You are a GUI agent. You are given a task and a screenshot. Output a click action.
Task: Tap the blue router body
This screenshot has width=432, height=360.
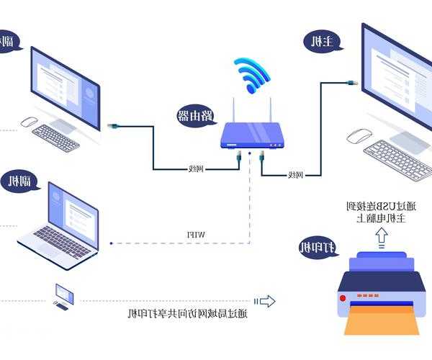(x=251, y=134)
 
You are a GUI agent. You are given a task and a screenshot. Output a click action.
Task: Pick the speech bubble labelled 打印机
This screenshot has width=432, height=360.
(x=319, y=249)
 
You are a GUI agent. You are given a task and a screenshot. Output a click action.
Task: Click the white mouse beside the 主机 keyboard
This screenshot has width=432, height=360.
(x=359, y=135)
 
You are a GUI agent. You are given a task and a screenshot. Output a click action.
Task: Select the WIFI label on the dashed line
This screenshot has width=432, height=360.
(x=197, y=235)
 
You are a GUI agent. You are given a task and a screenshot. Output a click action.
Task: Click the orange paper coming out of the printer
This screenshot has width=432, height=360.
(x=381, y=319)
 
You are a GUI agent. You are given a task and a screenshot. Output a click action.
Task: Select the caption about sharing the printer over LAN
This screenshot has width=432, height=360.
(x=187, y=313)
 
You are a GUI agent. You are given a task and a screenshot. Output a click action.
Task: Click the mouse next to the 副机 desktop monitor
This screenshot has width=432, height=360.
(x=30, y=121)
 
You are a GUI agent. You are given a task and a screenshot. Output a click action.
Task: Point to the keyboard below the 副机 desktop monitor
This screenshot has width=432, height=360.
(x=55, y=137)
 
